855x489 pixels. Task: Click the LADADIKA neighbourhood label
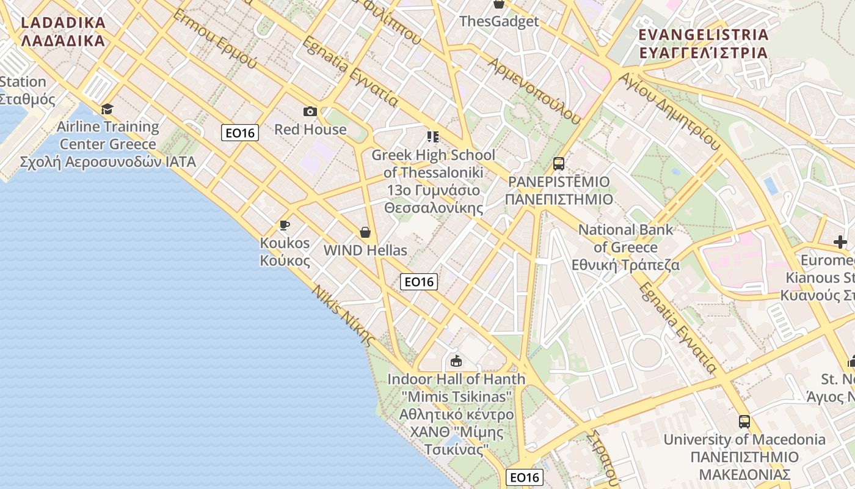tap(63, 32)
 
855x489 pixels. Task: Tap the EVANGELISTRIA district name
tap(703, 43)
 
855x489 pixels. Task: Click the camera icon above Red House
tap(310, 111)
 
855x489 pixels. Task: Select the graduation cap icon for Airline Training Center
tap(107, 109)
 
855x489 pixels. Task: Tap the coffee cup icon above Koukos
tap(285, 225)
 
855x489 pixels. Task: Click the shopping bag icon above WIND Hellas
tap(365, 232)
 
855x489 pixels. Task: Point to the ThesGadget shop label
tap(499, 21)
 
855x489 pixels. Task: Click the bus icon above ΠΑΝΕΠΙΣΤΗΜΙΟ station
tap(559, 163)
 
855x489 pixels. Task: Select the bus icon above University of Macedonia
tap(744, 421)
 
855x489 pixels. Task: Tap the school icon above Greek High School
tap(433, 136)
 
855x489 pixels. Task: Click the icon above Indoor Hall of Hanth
tap(456, 361)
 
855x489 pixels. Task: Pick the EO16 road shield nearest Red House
tap(240, 133)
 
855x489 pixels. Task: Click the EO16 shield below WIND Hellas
tap(419, 282)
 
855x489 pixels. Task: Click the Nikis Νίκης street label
tap(343, 315)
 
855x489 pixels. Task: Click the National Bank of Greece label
tap(625, 248)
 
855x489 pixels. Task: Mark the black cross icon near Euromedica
tap(840, 242)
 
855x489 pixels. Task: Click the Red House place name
tap(310, 130)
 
